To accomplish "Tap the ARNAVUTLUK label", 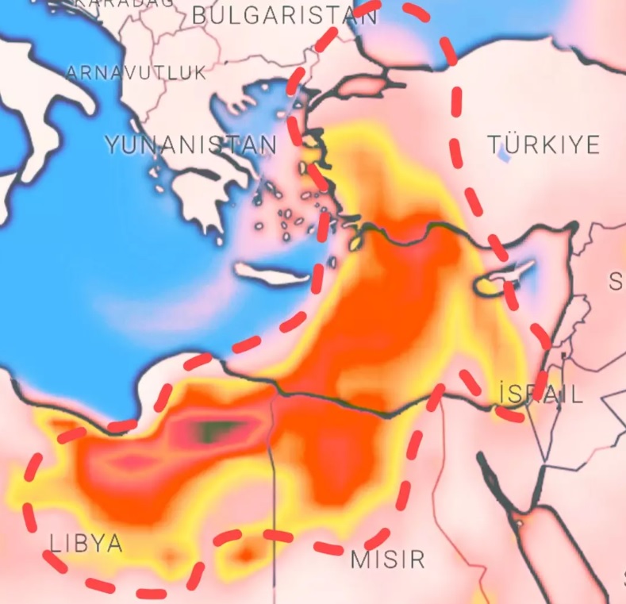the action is tap(136, 73).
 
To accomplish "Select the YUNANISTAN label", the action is tap(191, 144).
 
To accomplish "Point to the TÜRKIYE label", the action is tap(543, 144).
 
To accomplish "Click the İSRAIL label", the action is tap(541, 394).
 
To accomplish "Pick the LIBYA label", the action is tap(86, 544).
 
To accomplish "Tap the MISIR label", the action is tap(388, 559).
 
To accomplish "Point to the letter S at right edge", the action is tap(616, 281).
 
